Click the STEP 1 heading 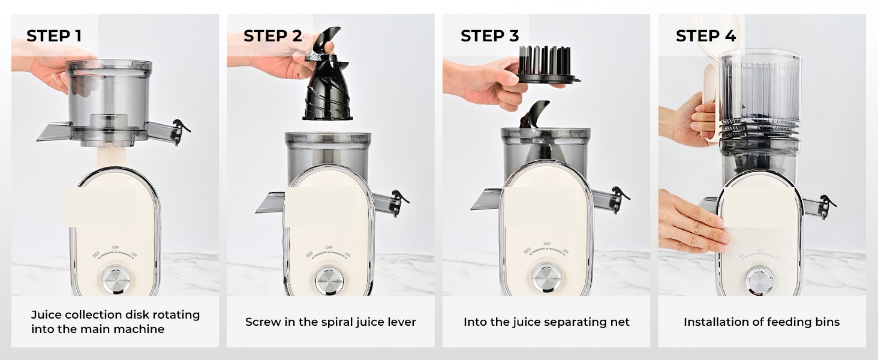pyautogui.click(x=54, y=36)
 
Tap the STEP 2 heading pyautogui.click(x=272, y=36)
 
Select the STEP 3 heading pyautogui.click(x=489, y=36)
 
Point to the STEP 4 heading pyautogui.click(x=705, y=36)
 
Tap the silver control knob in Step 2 pyautogui.click(x=329, y=280)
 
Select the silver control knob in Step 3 pyautogui.click(x=546, y=277)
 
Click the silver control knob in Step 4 pyautogui.click(x=759, y=280)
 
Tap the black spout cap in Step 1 pyautogui.click(x=179, y=129)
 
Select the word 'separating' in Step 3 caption pyautogui.click(x=567, y=322)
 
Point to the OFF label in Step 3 pyautogui.click(x=547, y=244)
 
